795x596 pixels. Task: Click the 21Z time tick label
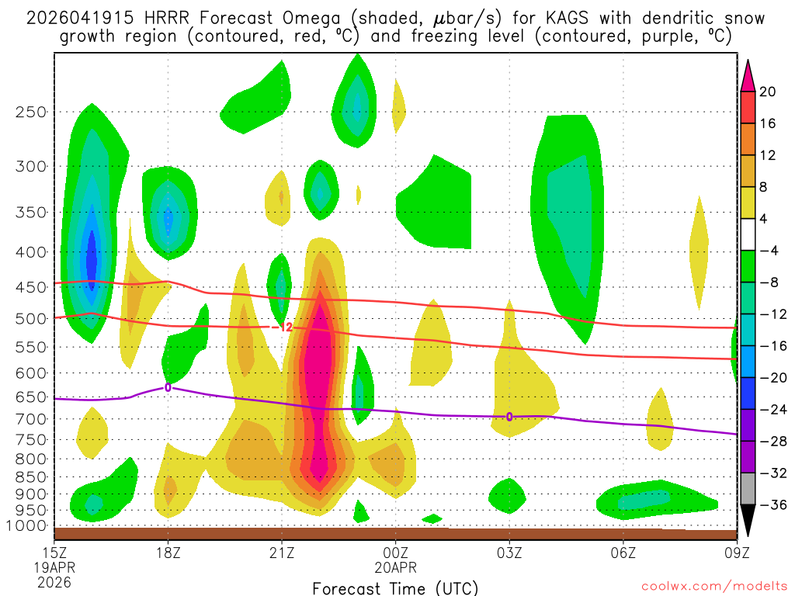282,553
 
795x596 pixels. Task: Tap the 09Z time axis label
737,553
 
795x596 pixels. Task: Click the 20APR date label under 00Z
396,567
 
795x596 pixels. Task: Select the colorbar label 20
768,92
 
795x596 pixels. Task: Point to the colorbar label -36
768,505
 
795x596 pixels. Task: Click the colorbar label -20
768,378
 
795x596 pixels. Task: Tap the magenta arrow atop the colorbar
748,75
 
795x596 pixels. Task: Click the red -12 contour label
283,327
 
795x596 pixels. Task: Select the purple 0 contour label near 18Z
168,387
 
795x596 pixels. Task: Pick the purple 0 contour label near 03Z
509,417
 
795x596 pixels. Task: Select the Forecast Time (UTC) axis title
395,587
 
